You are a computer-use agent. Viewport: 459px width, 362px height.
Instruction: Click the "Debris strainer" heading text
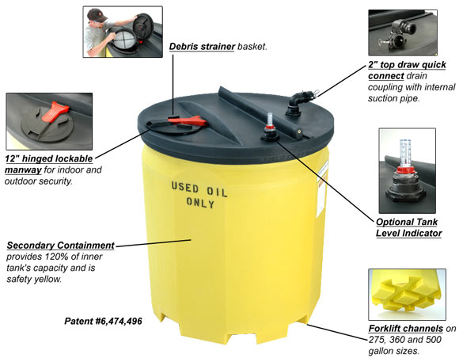point(202,47)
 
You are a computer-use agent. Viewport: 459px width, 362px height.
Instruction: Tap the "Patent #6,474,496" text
point(103,321)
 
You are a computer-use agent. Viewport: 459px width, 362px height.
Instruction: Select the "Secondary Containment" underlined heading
point(60,246)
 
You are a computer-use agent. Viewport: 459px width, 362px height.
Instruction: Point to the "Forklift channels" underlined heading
point(406,328)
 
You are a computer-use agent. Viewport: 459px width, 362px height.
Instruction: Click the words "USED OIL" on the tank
point(199,189)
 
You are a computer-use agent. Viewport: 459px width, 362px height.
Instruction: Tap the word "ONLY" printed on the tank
point(200,203)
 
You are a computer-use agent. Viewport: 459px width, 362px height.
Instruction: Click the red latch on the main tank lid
point(188,120)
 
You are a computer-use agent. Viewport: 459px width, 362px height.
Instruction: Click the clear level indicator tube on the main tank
point(270,120)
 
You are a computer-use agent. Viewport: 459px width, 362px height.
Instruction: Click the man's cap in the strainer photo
point(97,15)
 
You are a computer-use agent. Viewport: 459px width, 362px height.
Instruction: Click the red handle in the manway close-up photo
point(55,111)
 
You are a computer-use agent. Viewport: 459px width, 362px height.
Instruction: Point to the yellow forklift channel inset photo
point(407,295)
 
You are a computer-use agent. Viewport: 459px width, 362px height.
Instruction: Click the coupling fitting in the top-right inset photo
point(398,35)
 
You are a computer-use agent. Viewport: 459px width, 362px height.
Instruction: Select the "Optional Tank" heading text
point(407,222)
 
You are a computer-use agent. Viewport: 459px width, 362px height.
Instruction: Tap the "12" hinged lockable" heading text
point(49,159)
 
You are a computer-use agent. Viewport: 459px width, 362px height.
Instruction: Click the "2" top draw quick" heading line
point(408,65)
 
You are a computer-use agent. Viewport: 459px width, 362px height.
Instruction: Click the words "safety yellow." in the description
point(34,279)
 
